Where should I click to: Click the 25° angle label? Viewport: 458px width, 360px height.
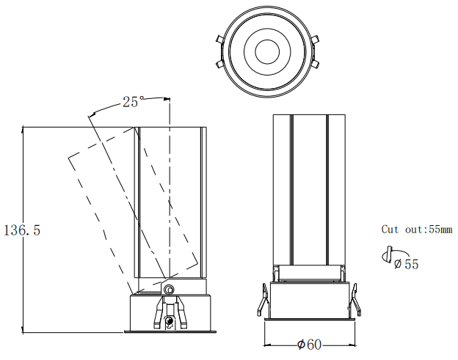tap(132, 103)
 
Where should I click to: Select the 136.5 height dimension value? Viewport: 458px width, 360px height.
tap(22, 230)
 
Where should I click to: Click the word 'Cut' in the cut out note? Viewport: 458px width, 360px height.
tap(390, 229)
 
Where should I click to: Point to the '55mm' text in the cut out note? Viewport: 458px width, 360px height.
tap(440, 229)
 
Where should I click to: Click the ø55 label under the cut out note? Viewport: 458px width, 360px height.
tap(406, 264)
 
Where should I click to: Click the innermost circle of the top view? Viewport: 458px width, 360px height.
tap(265, 51)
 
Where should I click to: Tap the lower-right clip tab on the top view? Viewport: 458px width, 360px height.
tap(313, 64)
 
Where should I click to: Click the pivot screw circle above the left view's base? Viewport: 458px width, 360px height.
tap(170, 290)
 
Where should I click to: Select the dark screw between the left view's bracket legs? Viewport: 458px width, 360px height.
tap(170, 320)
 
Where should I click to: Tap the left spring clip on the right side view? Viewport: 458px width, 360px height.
tap(261, 301)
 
